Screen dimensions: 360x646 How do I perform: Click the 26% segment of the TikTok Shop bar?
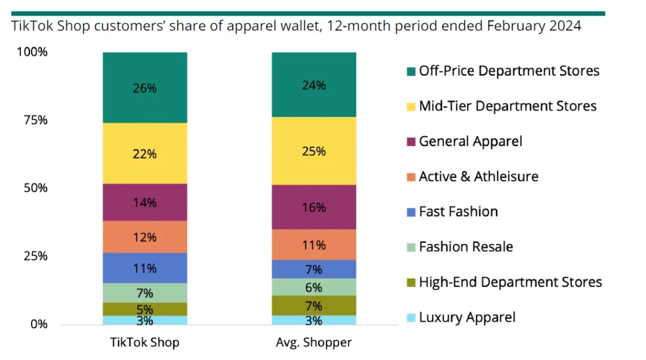145,88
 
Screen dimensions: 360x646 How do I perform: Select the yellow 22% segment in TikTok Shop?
145,154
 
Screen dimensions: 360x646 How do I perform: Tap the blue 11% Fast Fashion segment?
145,269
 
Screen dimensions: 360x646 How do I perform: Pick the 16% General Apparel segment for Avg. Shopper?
314,208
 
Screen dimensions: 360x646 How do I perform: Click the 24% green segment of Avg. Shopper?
314,85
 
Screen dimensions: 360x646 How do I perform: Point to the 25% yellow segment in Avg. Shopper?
314,151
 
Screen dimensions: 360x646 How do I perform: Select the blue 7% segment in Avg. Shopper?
314,269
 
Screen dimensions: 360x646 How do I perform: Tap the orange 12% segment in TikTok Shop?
145,237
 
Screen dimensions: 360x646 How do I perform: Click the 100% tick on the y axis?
32,53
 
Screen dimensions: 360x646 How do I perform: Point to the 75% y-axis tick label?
35,120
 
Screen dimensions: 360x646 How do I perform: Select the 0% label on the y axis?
38,324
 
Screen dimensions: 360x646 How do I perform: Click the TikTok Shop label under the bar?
145,343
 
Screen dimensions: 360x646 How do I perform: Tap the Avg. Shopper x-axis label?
314,343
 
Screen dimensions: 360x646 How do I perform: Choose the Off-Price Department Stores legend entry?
508,71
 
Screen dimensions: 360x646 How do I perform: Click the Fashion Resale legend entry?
465,247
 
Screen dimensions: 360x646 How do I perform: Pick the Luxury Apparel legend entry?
467,318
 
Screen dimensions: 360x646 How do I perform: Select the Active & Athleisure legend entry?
478,176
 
